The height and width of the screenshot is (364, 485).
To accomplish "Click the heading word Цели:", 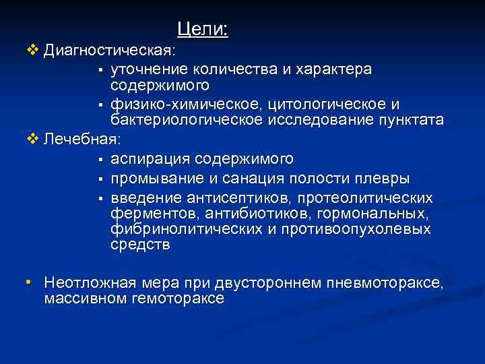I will (203, 29).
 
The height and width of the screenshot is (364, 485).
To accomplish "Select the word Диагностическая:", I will (110, 51).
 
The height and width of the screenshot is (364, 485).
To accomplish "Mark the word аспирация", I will (150, 160).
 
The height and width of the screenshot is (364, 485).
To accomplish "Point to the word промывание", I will (154, 179).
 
